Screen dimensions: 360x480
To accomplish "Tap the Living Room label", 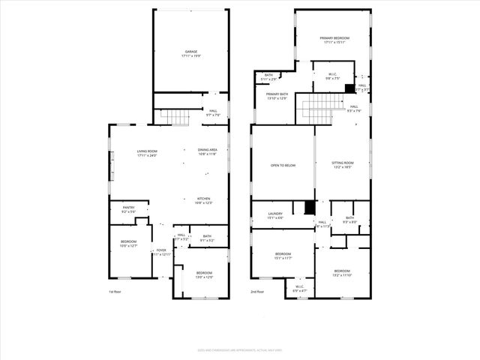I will tap(147, 152).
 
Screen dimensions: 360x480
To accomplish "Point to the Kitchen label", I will tap(203, 200).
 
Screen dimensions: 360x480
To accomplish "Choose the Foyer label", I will tap(162, 252).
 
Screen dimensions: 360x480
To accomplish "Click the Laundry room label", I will tap(276, 216).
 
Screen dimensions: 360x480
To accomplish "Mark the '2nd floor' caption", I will tap(258, 292).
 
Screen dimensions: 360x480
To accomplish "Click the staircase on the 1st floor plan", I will tap(177, 117).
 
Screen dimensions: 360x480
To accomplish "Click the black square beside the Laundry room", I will tap(309, 208).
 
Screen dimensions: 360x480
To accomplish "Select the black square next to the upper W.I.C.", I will tap(349, 88).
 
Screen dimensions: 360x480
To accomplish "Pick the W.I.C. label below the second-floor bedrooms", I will tap(298, 287).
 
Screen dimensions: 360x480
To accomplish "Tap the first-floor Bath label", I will tap(206, 238).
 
